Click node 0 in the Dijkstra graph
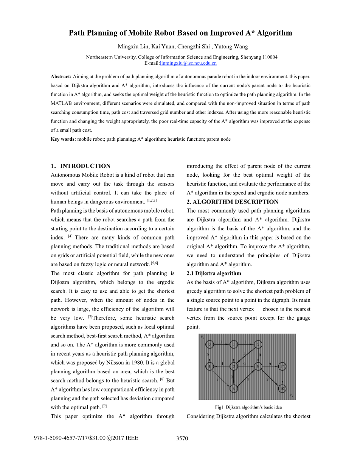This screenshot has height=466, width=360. click(209, 344)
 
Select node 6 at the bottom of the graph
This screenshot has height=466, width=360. click(234, 388)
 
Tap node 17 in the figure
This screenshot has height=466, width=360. click(282, 366)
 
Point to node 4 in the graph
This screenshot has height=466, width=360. click(209, 366)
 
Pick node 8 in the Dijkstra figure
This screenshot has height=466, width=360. click(258, 366)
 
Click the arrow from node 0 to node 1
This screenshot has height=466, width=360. click(222, 344)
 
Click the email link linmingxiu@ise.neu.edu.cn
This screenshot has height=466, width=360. click(188, 63)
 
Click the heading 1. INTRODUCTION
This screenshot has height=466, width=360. click(81, 166)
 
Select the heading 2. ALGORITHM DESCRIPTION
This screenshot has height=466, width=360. click(233, 202)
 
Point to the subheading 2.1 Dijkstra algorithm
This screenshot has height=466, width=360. click(214, 273)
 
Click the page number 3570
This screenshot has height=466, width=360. click(182, 439)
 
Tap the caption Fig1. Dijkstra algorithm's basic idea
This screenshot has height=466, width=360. click(248, 407)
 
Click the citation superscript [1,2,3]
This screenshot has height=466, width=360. click(152, 200)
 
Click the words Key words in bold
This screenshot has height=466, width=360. click(64, 139)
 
